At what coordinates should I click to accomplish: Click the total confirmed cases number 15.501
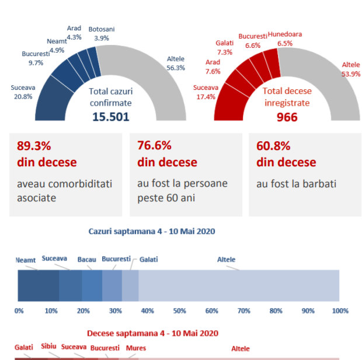(110, 117)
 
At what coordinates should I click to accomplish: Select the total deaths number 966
(287, 117)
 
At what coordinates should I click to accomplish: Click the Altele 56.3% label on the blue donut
(176, 63)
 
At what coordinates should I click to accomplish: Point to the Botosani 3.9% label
(102, 33)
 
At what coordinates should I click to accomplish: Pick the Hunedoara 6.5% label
(285, 39)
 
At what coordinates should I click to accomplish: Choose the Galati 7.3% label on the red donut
(224, 47)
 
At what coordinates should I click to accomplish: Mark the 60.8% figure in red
(272, 146)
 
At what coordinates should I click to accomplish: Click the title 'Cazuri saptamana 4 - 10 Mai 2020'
(152, 231)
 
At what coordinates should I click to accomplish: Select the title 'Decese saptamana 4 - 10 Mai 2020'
(152, 333)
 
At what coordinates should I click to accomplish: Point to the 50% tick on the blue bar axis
(179, 310)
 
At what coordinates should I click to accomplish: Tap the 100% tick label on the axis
(339, 310)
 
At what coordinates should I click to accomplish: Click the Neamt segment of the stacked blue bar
(38, 285)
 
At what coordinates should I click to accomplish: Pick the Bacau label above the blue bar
(86, 258)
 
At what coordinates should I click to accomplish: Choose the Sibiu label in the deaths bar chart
(48, 346)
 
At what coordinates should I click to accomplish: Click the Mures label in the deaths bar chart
(136, 348)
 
